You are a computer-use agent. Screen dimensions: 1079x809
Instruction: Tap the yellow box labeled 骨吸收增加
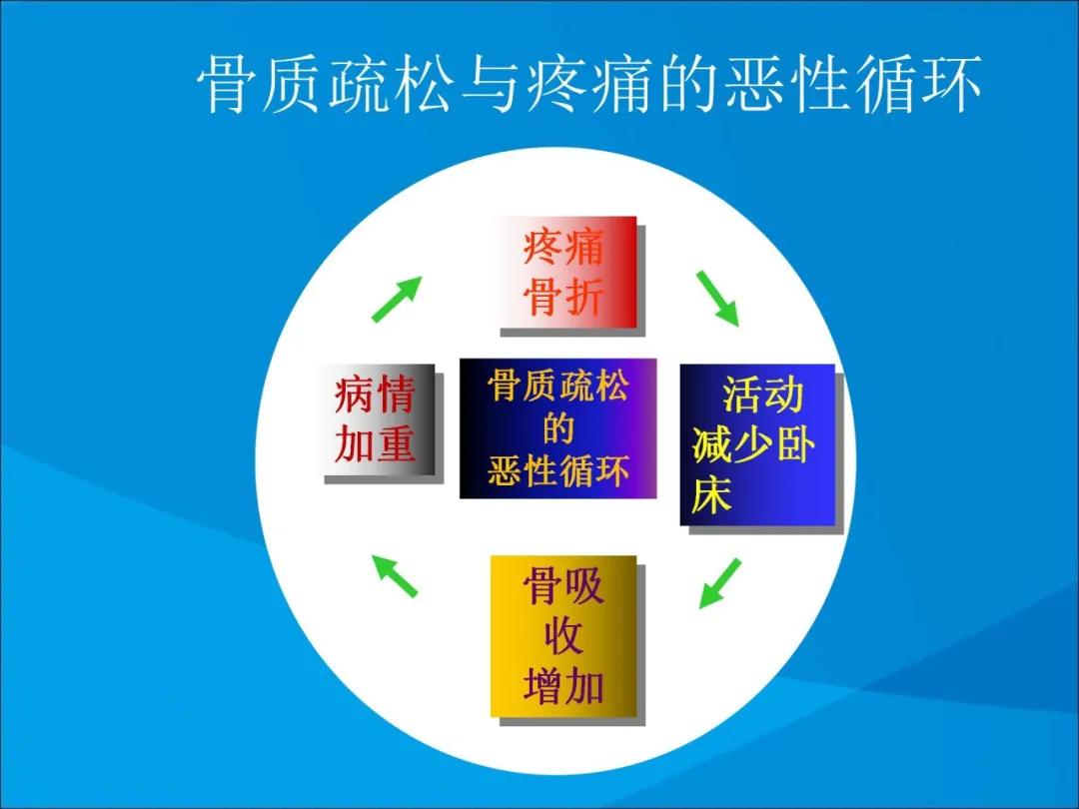[563, 636]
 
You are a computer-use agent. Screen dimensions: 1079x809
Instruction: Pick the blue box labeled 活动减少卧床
[757, 444]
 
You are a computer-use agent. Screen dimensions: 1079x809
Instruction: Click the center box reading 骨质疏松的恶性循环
[558, 427]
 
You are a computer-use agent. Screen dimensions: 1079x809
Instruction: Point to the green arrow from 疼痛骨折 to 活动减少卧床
[717, 298]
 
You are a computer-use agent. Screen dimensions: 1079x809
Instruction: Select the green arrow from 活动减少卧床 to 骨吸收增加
[719, 583]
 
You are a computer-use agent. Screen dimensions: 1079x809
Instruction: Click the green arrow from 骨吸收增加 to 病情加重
[395, 575]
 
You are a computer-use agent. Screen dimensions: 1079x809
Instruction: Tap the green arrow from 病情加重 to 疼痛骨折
[397, 299]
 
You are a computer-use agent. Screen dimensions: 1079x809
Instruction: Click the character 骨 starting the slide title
[226, 85]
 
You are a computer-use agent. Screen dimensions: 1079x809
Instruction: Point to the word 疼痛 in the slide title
[587, 85]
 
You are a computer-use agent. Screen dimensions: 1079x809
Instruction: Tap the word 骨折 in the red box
[563, 298]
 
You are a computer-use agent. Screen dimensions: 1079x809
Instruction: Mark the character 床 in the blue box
[711, 494]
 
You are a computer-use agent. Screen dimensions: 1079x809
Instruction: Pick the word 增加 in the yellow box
[563, 686]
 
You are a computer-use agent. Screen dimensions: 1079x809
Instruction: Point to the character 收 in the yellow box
[563, 636]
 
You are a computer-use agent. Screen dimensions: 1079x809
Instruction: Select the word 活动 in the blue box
[763, 396]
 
